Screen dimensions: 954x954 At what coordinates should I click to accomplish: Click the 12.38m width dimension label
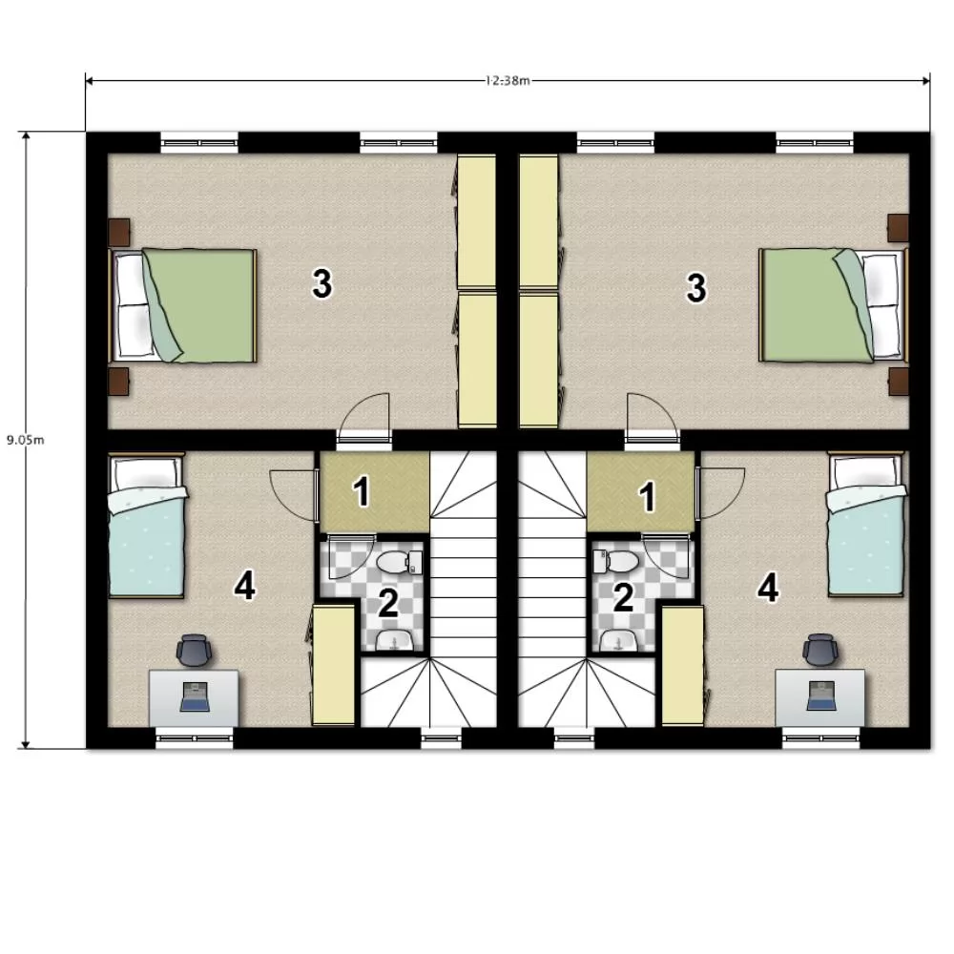coord(508,80)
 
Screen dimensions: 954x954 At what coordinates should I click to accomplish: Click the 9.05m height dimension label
coord(26,440)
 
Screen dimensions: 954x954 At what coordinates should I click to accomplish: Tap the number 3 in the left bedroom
coord(321,283)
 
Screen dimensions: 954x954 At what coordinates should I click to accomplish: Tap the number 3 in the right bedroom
coord(696,288)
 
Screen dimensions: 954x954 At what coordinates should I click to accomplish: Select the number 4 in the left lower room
coord(244,586)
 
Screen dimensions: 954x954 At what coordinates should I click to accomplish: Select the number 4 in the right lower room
coord(768,589)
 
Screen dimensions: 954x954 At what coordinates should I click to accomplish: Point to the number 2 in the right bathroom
coord(623,597)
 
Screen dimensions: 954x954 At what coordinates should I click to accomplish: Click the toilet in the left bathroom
coord(399,562)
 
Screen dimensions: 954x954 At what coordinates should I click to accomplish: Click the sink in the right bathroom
coord(619,641)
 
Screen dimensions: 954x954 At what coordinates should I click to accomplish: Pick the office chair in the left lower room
coord(195,651)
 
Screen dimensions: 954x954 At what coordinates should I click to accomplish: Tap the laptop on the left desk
coord(196,696)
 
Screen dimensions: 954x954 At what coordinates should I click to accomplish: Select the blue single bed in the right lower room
coord(866,524)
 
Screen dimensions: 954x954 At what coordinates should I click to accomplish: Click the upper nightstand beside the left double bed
coord(118,231)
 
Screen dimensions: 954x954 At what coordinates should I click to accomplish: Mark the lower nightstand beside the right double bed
coord(899,382)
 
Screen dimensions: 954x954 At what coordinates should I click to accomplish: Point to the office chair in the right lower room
coord(820,651)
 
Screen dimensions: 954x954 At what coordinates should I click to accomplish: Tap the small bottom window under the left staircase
coord(442,738)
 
